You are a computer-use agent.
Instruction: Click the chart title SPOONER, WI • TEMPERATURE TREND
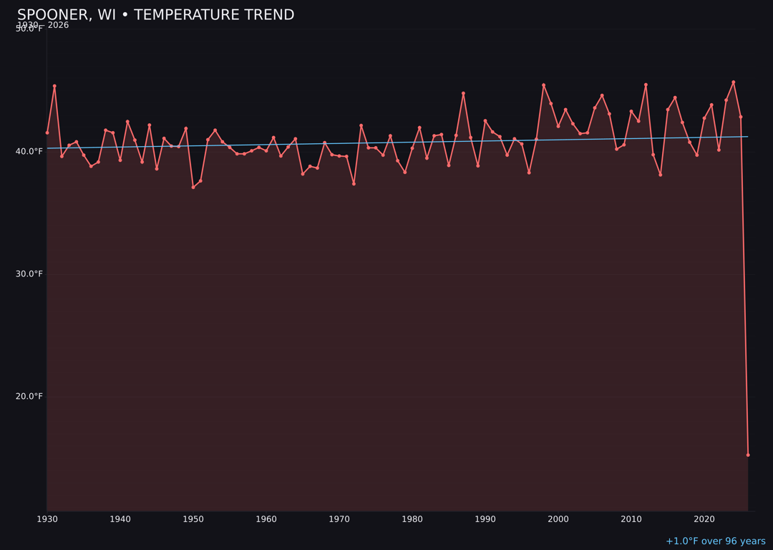coord(155,15)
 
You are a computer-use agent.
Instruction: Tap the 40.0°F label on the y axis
coord(29,151)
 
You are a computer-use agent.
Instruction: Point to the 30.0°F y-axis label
coord(29,274)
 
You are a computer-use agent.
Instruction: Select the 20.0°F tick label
coord(29,396)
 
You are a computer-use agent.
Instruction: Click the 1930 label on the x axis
coord(47,519)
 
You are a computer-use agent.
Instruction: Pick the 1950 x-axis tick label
coord(193,519)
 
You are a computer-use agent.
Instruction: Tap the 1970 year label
coord(339,519)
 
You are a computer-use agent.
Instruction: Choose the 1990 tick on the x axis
coord(485,519)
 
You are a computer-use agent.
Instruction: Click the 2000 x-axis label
coord(558,519)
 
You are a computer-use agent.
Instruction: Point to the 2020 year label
coord(704,519)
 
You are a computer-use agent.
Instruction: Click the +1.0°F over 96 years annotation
coord(715,541)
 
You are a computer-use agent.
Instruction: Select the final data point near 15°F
coord(748,455)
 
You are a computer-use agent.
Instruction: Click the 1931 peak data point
coord(54,86)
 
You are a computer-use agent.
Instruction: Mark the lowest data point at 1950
coord(193,187)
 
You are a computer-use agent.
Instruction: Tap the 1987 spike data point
coord(463,93)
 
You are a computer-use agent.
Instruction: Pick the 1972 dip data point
coord(354,184)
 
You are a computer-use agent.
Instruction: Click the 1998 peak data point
coord(543,85)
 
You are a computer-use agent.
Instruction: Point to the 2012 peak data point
coord(646,85)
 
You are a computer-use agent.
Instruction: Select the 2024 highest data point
coord(733,82)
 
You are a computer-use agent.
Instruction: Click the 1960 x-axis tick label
coord(266,519)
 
